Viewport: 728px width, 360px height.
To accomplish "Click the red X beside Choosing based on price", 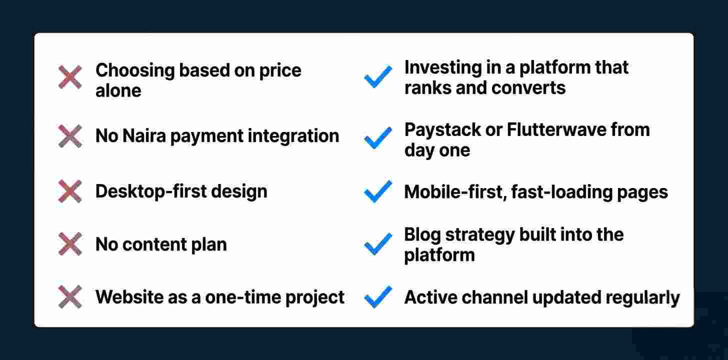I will (70, 77).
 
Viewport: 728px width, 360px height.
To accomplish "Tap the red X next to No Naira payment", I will (70, 136).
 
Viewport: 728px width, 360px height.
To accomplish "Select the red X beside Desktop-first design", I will (70, 191).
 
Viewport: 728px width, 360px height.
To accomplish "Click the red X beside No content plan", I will (70, 244).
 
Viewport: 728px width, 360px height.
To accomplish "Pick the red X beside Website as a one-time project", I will (70, 297).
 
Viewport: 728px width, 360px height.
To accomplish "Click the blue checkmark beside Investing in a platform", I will (378, 77).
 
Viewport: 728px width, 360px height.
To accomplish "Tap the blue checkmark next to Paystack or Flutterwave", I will (378, 137).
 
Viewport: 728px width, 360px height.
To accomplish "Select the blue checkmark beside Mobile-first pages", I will (378, 191).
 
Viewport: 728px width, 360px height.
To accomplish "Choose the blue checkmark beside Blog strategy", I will (378, 244).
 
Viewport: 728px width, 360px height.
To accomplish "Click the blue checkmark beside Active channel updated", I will (378, 297).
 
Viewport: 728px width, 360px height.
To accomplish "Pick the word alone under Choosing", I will (118, 91).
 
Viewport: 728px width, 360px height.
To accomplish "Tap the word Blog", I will (421, 234).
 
